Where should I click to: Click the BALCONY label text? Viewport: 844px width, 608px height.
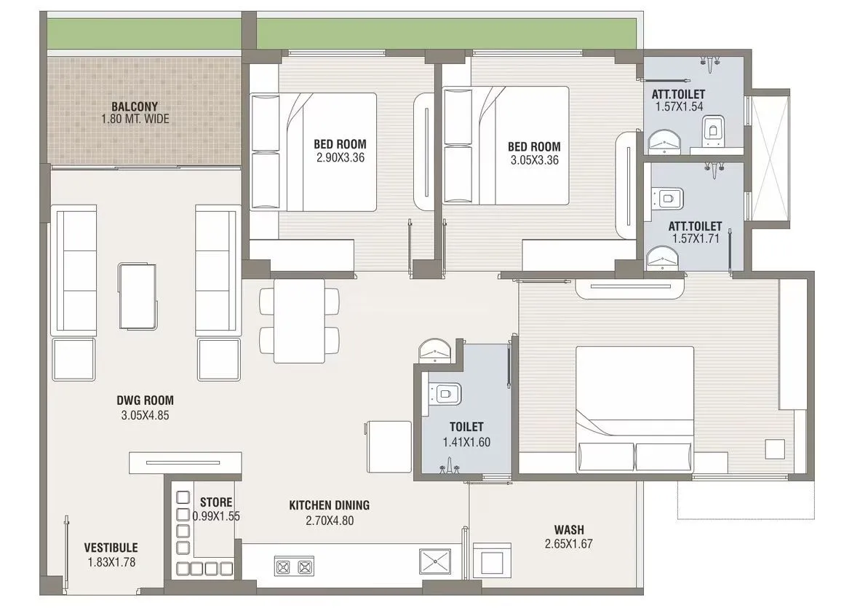(x=135, y=106)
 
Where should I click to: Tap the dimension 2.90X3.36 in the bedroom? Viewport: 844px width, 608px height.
(x=340, y=157)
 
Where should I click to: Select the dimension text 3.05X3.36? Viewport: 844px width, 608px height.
(x=534, y=160)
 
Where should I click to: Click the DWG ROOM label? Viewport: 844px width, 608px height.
(x=145, y=400)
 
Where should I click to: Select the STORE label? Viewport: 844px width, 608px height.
(x=216, y=502)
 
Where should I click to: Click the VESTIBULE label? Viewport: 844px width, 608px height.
(x=111, y=548)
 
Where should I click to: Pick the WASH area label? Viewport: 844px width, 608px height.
(x=568, y=530)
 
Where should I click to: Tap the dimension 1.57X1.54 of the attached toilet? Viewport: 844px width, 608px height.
(x=678, y=107)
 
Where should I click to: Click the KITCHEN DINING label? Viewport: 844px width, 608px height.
(x=329, y=505)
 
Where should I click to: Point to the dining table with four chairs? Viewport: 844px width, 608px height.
(x=299, y=320)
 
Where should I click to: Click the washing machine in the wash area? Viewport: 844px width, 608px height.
(x=493, y=562)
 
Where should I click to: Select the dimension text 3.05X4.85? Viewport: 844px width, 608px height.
(x=145, y=416)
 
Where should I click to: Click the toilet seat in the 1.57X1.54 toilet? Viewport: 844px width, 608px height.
(x=711, y=132)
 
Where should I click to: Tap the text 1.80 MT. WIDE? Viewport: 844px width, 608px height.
(x=135, y=119)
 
